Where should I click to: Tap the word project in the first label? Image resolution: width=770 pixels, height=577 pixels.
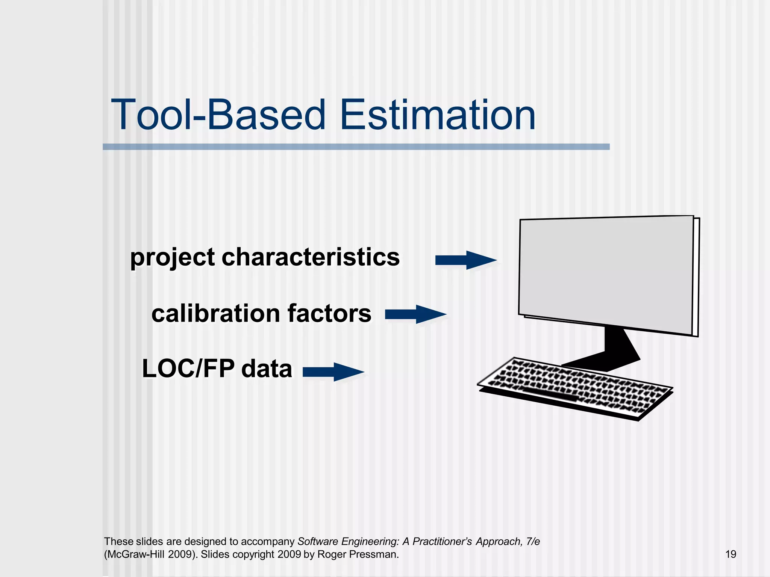coord(172,258)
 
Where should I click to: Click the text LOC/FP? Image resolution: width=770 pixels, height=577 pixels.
coord(188,369)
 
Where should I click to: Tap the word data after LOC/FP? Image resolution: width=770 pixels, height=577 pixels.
coord(267,369)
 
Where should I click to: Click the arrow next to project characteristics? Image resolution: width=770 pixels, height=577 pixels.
coord(465,260)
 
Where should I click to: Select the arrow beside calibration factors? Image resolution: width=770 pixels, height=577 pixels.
coord(415,314)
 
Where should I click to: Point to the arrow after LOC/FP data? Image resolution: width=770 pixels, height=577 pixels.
coord(333,372)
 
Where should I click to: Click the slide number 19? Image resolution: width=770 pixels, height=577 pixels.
coord(731,554)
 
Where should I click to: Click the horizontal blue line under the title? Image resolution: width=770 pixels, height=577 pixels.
coord(356,147)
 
